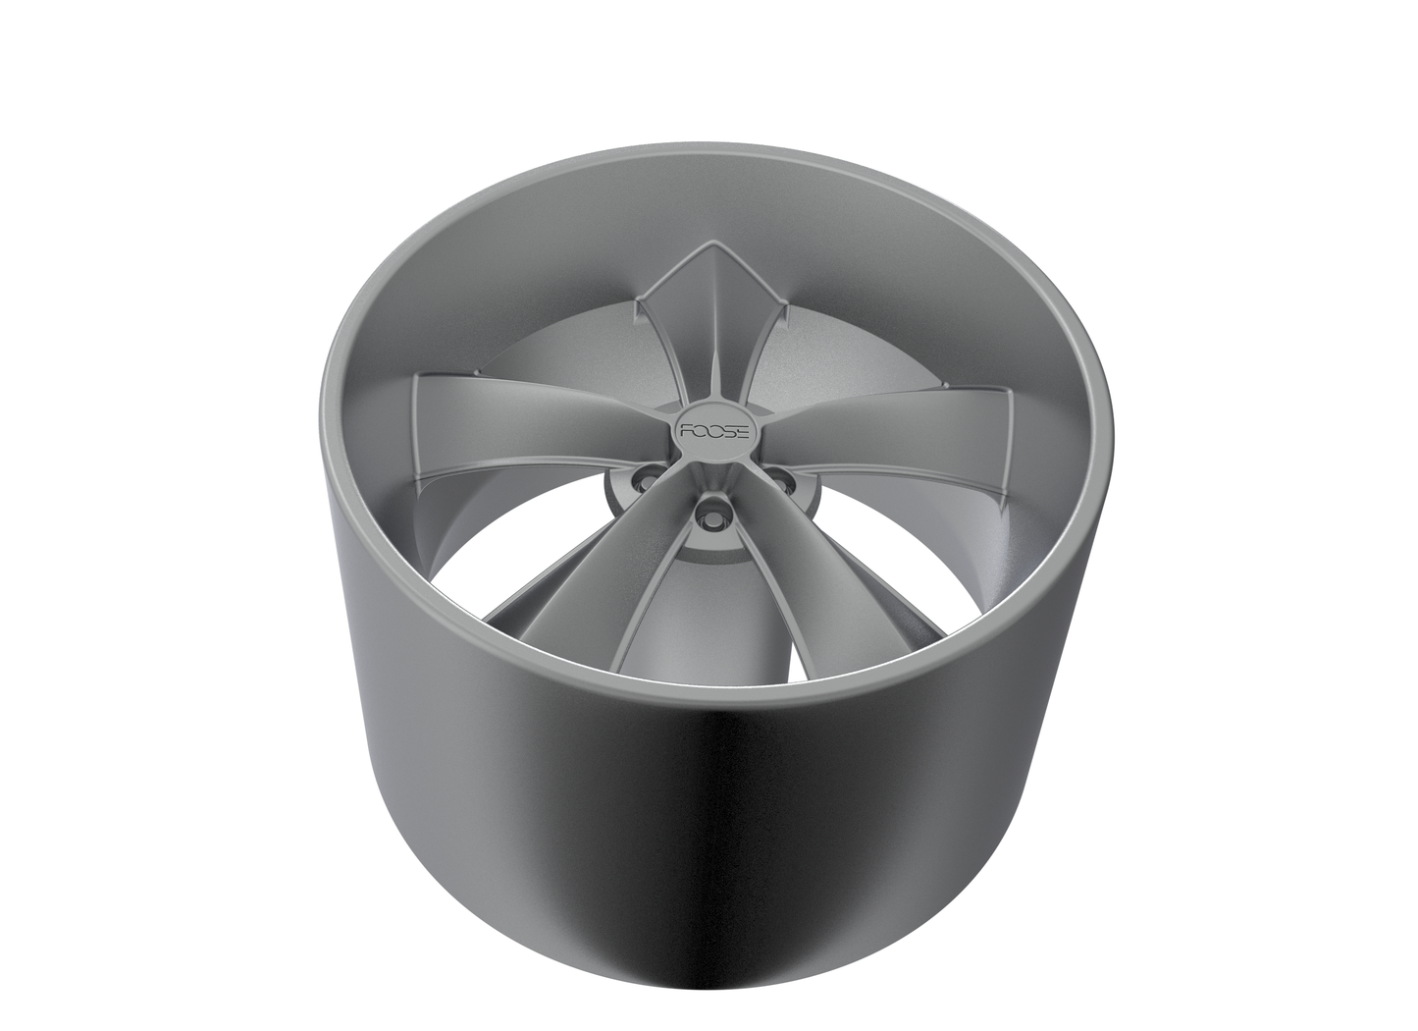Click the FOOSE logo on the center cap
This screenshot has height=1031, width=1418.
point(709,430)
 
